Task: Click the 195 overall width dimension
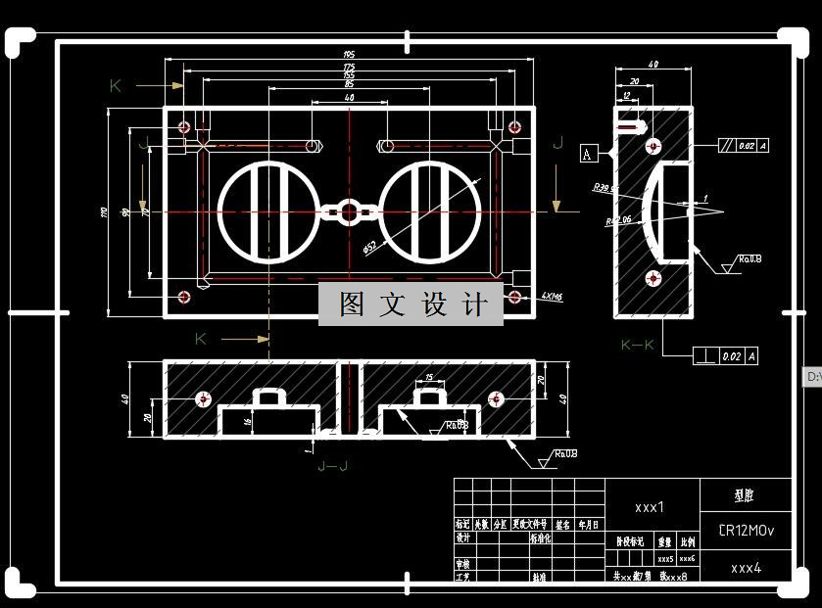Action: tap(349, 55)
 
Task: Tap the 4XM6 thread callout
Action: tap(549, 295)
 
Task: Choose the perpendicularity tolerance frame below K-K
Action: tap(726, 356)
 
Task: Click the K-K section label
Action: tap(638, 345)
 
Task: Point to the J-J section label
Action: tap(333, 466)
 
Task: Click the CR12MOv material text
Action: tap(747, 531)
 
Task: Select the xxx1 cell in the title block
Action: tap(650, 507)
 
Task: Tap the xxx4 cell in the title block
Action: tap(747, 568)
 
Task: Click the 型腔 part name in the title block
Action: tap(747, 495)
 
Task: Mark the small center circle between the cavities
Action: tap(349, 211)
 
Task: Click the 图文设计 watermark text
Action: tap(411, 304)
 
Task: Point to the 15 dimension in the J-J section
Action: tap(428, 378)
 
